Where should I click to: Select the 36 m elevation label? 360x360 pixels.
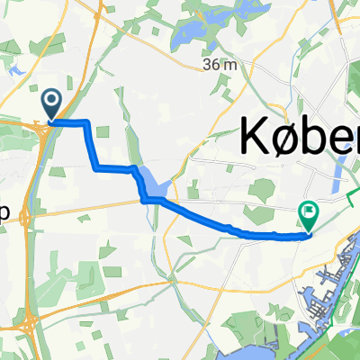220,65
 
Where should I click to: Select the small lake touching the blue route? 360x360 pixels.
155,187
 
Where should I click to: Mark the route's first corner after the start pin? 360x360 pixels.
86,121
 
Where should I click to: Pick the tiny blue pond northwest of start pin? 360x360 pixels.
13,67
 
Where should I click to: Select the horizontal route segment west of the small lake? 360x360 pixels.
114,168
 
